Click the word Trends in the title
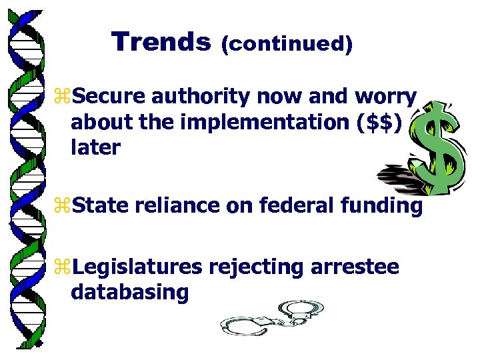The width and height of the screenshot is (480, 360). click(161, 42)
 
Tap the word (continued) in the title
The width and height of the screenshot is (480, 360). click(287, 44)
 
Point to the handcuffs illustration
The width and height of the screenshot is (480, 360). click(273, 317)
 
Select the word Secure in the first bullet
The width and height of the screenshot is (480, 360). click(109, 97)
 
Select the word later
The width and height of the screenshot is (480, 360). click(95, 147)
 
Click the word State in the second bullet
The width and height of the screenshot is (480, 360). click(100, 207)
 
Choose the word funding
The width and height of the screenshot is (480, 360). click(382, 207)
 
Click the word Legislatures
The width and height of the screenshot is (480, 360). click(137, 267)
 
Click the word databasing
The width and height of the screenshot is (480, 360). click(129, 292)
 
